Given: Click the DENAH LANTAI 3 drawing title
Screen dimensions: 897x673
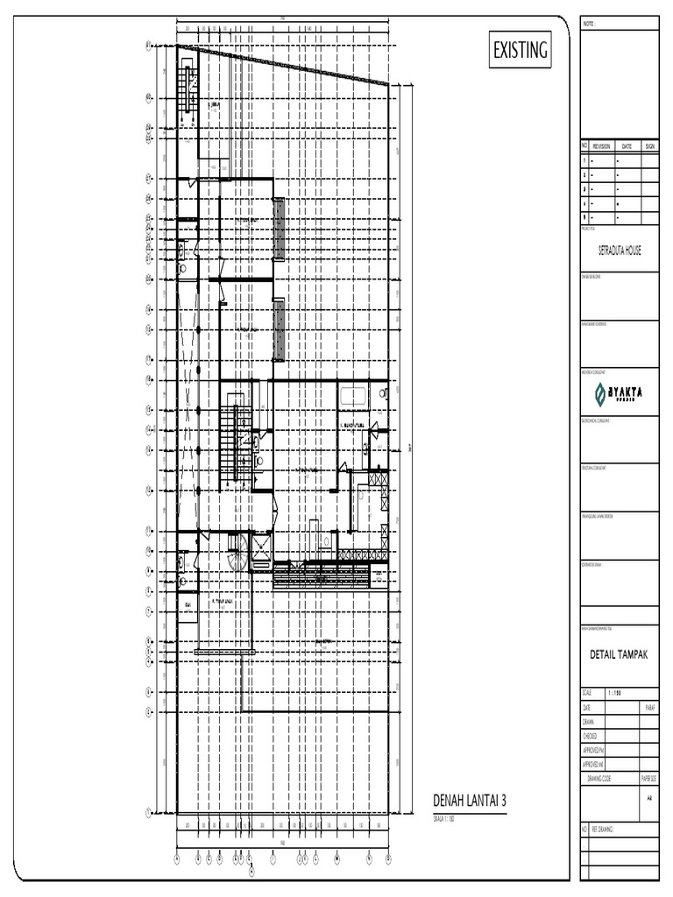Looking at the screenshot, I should pos(470,801).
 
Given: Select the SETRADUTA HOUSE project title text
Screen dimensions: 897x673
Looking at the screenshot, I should pos(620,250).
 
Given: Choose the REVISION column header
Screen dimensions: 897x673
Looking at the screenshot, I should pos(601,146).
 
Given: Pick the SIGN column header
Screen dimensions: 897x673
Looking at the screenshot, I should pos(649,146).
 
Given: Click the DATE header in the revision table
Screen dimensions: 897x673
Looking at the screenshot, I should pos(627,146).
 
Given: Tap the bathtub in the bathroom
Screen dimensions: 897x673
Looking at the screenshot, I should pos(354,395).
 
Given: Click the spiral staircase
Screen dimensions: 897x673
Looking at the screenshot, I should pos(237,552).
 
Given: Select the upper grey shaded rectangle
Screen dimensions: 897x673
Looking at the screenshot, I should pos(279,230).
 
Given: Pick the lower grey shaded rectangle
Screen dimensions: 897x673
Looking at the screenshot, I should pos(279,329).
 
